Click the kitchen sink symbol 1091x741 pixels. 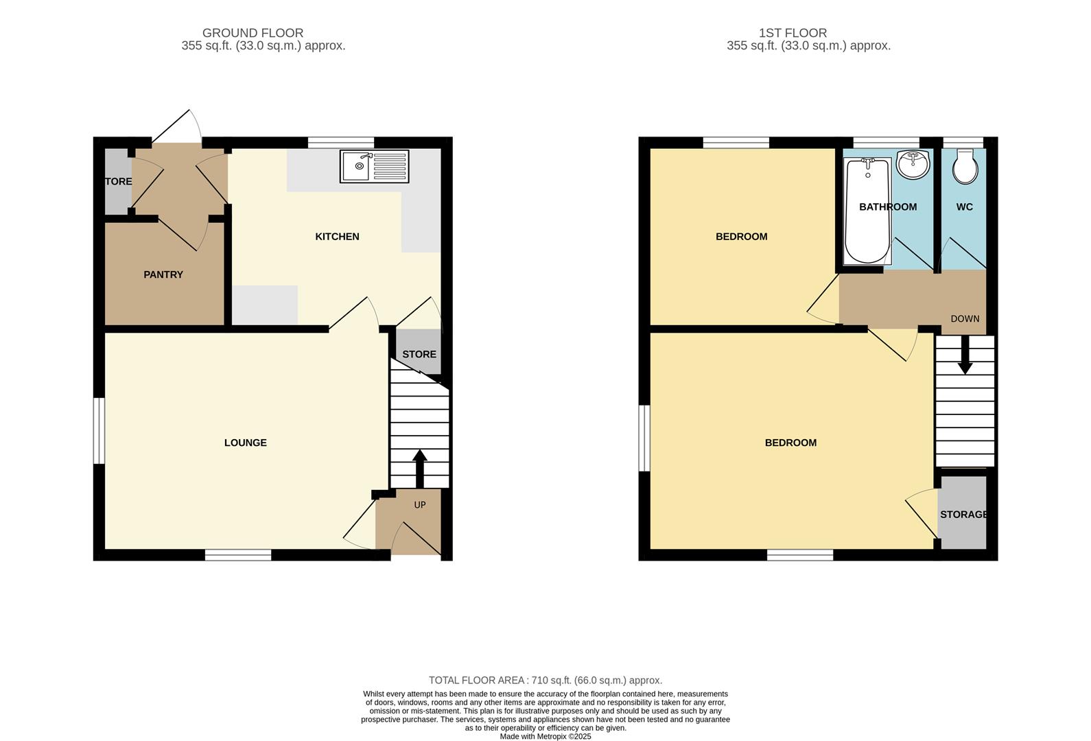(374, 167)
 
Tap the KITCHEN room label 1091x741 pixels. (337, 237)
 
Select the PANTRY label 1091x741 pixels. (163, 274)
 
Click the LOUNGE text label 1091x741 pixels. (246, 443)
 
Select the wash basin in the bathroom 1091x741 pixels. (913, 165)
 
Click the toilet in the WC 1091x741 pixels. (965, 168)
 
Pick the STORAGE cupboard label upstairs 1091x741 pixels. (963, 515)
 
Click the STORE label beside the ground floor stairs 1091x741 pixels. (419, 355)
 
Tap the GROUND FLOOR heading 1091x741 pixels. (253, 33)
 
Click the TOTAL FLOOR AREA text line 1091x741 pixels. (545, 681)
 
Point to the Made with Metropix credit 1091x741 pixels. (545, 736)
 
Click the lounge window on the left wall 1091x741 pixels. (99, 431)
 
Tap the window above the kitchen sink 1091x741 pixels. (341, 143)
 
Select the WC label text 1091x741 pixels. (964, 207)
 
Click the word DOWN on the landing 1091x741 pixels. (965, 319)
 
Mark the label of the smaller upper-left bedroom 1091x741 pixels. (741, 237)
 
